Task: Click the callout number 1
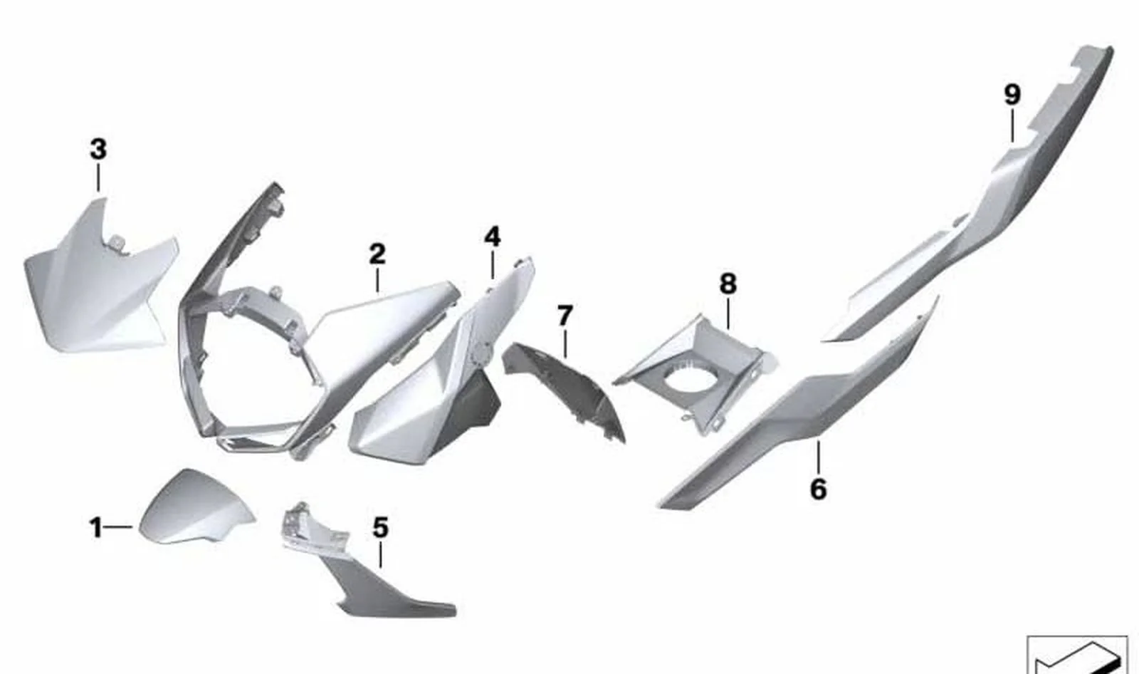[x=95, y=528]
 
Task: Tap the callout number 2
[x=377, y=254]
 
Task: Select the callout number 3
[x=98, y=150]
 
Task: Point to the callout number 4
[x=492, y=237]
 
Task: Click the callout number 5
[x=380, y=527]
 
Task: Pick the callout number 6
[x=818, y=489]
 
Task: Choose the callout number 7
[x=565, y=316]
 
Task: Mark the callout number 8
[x=728, y=284]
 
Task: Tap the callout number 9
[x=1012, y=95]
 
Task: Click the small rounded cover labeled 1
[x=196, y=507]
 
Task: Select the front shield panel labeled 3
[x=99, y=285]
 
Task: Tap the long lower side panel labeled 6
[x=798, y=408]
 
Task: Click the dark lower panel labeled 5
[x=387, y=586]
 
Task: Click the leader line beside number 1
[x=118, y=527]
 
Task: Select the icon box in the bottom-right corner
[x=1077, y=655]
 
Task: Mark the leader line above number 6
[x=818, y=457]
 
